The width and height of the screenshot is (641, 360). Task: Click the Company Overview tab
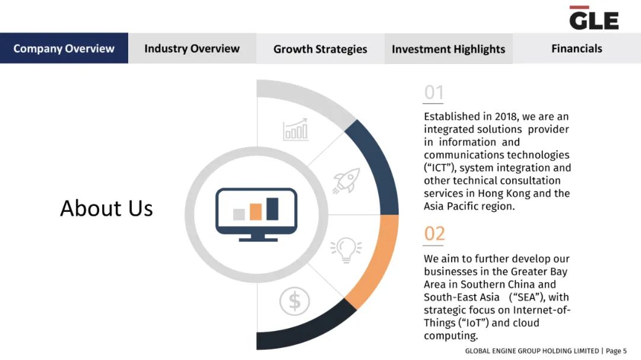[64, 48]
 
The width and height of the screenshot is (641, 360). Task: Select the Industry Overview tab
[192, 48]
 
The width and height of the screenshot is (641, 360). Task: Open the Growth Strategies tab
[320, 49]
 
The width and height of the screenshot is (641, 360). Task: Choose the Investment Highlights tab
[449, 49]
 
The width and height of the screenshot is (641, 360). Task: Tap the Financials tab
[576, 48]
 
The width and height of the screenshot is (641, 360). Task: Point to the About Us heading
[106, 208]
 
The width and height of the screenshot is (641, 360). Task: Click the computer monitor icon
[256, 215]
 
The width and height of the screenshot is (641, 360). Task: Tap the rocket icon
[346, 180]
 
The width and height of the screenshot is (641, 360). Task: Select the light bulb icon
[346, 249]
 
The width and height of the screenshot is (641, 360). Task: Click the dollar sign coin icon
[294, 301]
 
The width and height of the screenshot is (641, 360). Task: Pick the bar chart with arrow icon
[296, 129]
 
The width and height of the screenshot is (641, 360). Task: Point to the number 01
[434, 93]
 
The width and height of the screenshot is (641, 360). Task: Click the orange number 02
[434, 234]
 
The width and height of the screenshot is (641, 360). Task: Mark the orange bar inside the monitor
[255, 212]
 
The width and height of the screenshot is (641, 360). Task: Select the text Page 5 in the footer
[616, 351]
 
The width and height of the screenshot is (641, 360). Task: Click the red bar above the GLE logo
[579, 7]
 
